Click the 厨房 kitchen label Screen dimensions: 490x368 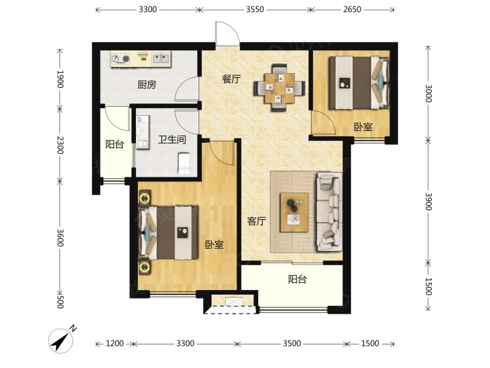(x=146, y=84)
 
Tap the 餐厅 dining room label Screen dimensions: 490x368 (x=231, y=79)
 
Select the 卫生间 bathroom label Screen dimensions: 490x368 (x=172, y=139)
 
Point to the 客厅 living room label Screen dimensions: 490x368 (x=257, y=221)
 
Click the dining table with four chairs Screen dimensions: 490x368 (x=280, y=88)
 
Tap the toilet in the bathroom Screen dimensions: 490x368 (x=184, y=163)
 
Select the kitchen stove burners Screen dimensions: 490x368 (x=121, y=58)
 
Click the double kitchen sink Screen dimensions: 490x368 (x=161, y=58)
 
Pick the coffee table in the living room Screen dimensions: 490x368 (x=294, y=212)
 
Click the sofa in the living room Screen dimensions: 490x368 (x=329, y=212)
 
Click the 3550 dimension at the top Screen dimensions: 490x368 (x=255, y=9)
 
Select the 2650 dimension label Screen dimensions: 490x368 (x=352, y=9)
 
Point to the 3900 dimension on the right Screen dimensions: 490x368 (x=429, y=202)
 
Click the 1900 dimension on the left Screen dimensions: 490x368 (x=60, y=79)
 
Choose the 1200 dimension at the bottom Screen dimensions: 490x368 (x=115, y=344)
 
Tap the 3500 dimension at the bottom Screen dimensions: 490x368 (x=292, y=344)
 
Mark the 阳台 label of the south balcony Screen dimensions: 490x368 (x=297, y=279)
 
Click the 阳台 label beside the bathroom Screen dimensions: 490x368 (x=114, y=144)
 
